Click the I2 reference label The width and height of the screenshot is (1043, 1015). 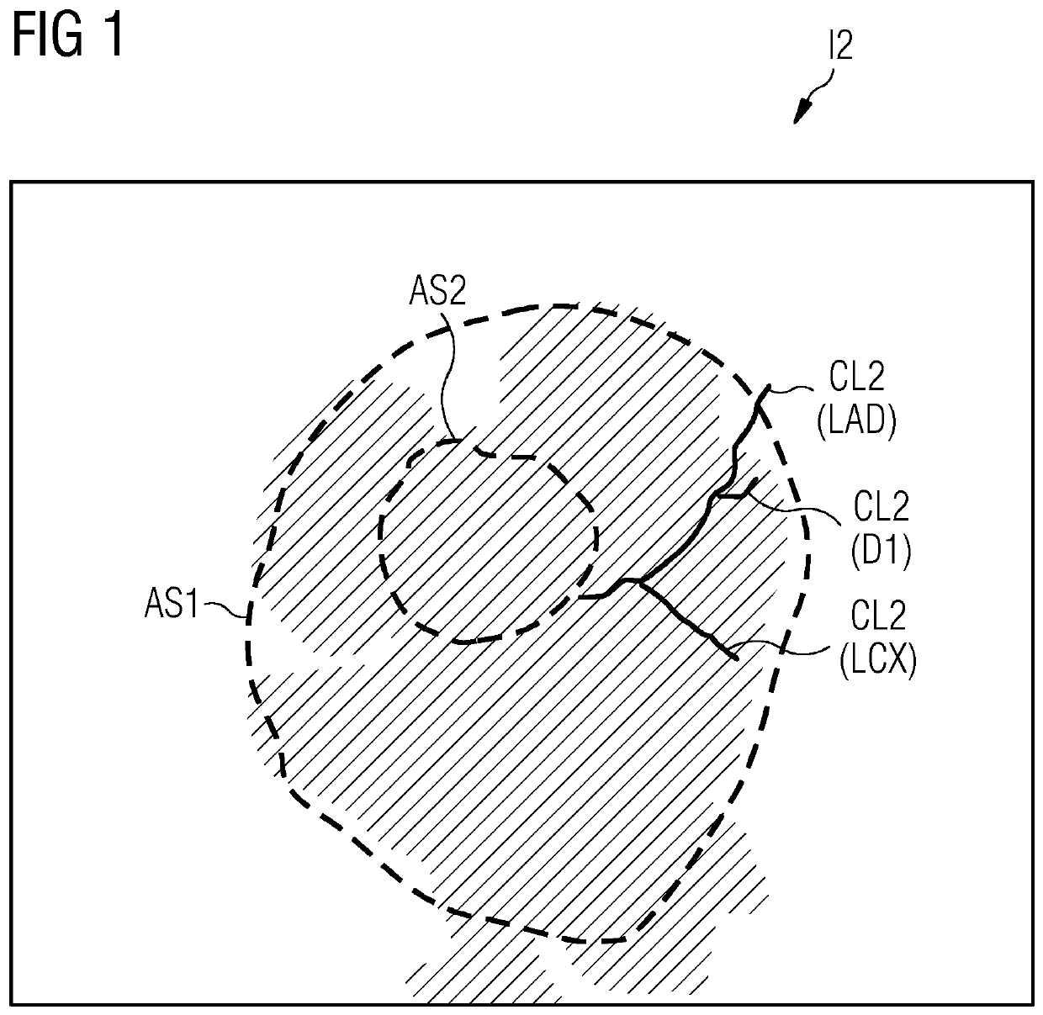click(840, 46)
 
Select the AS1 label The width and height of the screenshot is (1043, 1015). click(171, 605)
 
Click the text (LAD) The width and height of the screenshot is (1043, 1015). click(856, 419)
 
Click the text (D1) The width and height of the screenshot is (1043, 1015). click(882, 552)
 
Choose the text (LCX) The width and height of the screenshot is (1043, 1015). click(878, 661)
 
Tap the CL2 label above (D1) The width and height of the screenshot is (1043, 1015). click(882, 509)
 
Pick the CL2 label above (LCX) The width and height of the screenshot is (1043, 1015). click(878, 616)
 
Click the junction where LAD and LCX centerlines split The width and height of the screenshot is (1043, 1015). click(640, 580)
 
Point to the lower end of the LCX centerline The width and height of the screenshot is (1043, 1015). click(737, 658)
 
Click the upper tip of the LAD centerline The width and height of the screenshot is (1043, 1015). click(767, 388)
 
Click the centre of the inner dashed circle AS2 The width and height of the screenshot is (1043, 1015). click(489, 547)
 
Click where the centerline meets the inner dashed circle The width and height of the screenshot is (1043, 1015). click(582, 597)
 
